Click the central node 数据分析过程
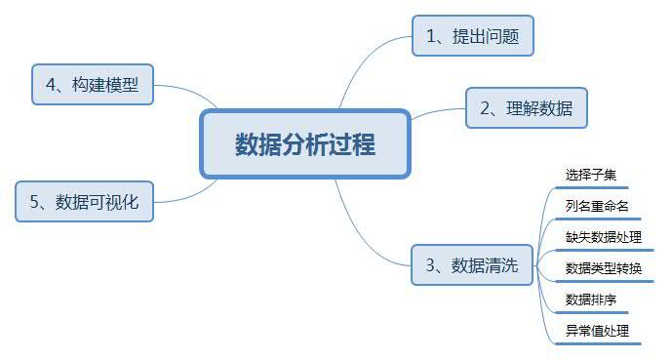point(304,144)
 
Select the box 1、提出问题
point(473,38)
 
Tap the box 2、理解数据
point(526,108)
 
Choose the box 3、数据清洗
point(472,265)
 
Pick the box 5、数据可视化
point(84,202)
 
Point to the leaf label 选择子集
point(590,176)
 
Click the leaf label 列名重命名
point(597,206)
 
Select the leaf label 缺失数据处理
point(604,236)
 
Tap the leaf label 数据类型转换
point(604,267)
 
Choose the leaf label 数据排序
point(590,299)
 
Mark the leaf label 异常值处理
point(597,330)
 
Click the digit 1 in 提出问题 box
point(432,39)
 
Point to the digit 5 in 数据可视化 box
point(35,203)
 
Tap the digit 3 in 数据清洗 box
point(431,265)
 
